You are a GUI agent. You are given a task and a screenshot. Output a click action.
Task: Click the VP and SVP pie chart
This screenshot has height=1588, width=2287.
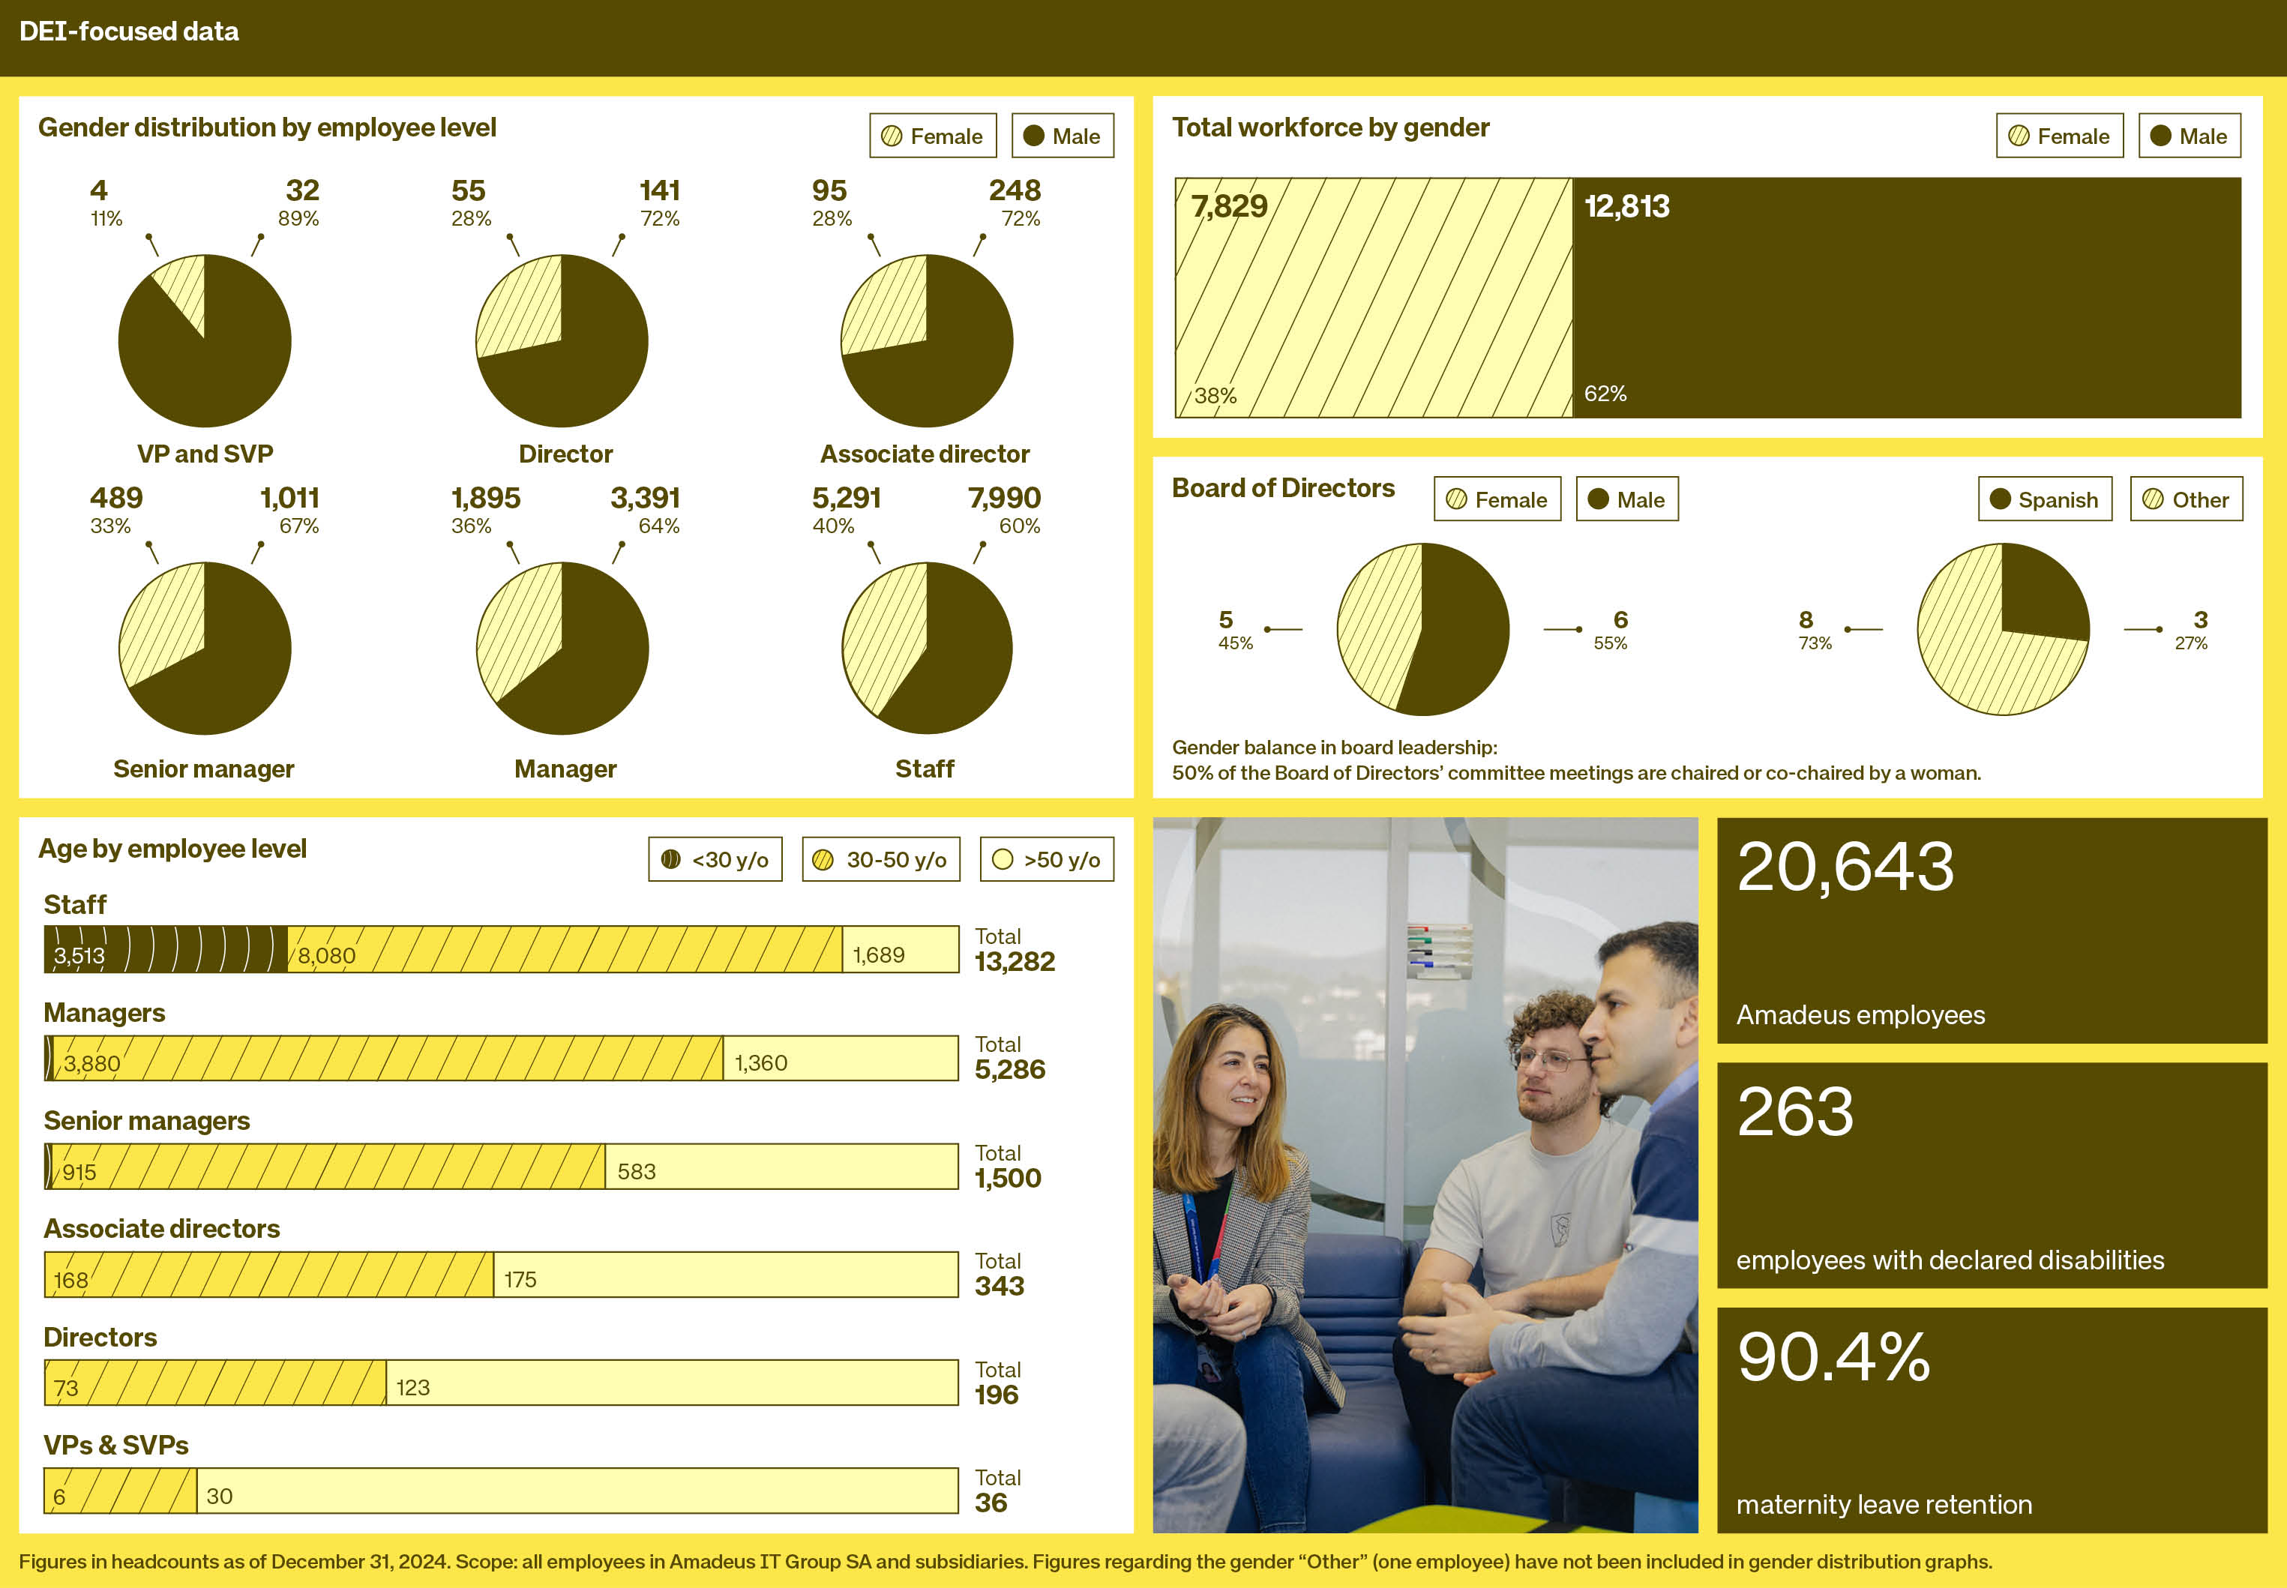tap(204, 340)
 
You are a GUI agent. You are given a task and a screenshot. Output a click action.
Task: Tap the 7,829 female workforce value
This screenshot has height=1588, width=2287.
tap(1230, 206)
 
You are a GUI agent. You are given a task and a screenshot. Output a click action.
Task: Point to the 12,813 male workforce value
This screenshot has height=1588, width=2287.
tap(1626, 206)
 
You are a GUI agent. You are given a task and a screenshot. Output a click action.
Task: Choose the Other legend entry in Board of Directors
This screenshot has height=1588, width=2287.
tap(2186, 499)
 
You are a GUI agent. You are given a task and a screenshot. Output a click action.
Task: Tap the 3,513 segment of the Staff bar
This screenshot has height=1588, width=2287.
tap(165, 949)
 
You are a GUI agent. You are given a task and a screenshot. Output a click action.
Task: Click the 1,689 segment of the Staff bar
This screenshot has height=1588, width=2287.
tap(901, 949)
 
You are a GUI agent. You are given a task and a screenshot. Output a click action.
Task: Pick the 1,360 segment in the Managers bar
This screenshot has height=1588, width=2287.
tap(841, 1058)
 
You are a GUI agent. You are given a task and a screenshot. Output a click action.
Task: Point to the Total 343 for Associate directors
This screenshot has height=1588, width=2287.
tap(1000, 1274)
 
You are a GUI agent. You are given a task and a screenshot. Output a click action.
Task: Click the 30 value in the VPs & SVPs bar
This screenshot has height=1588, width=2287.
tap(219, 1496)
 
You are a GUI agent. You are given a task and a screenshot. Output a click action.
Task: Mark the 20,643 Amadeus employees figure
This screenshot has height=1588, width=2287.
tap(1845, 867)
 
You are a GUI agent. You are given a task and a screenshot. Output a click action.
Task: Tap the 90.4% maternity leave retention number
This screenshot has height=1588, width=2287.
tap(1833, 1356)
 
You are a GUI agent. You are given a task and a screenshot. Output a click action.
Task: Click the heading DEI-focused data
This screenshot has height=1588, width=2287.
tap(129, 31)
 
